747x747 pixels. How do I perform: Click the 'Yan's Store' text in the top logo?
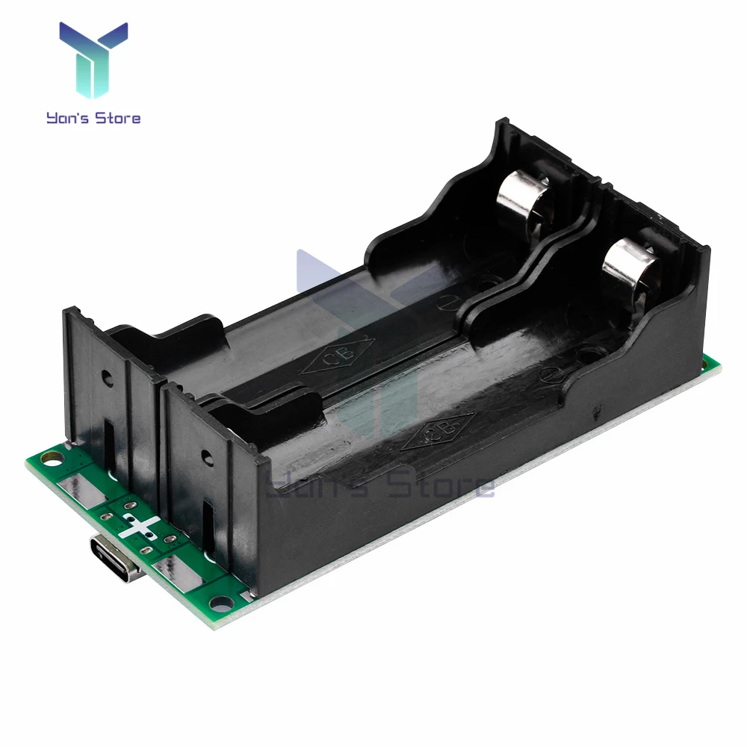pyautogui.click(x=93, y=117)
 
